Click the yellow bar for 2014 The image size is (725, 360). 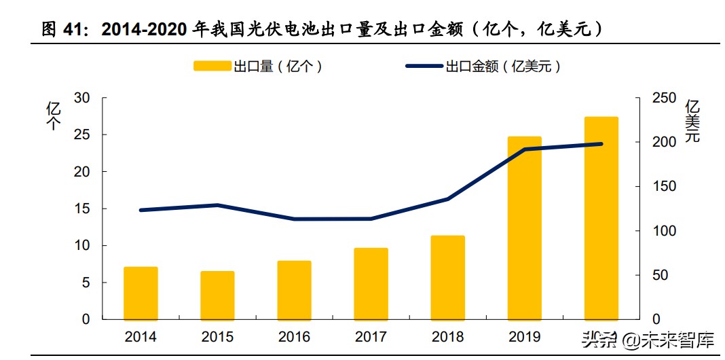141,293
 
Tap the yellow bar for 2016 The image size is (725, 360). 294,290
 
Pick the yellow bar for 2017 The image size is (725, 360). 371,283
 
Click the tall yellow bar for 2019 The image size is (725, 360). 524,228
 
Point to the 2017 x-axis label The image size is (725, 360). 371,337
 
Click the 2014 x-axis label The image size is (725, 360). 141,337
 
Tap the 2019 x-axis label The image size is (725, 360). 524,337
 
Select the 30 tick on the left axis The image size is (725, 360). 81,98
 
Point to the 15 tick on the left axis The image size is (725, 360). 81,209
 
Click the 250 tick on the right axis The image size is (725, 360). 664,98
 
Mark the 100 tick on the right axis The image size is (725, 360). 664,231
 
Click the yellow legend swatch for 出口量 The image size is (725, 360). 212,66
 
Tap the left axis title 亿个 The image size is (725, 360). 53,115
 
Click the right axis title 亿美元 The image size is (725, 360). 692,121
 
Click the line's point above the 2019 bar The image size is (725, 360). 524,149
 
